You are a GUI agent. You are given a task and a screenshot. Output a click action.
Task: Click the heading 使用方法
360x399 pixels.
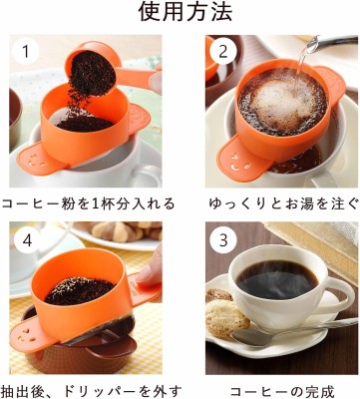click(185, 13)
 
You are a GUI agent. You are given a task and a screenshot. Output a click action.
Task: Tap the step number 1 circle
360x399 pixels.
click(25, 52)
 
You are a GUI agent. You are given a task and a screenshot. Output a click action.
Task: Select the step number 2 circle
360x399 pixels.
click(223, 52)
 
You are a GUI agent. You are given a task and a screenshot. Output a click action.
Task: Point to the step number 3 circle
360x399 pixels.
click(223, 240)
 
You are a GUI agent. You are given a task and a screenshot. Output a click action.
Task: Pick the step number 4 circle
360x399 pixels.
click(27, 240)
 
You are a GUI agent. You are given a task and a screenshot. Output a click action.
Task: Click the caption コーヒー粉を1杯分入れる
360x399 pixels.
click(88, 203)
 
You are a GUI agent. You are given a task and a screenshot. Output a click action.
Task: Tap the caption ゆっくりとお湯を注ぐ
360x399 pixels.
click(284, 203)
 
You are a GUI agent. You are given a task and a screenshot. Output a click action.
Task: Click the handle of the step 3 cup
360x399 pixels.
click(339, 299)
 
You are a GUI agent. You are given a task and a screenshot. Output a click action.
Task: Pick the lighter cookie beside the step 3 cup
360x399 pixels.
click(226, 318)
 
